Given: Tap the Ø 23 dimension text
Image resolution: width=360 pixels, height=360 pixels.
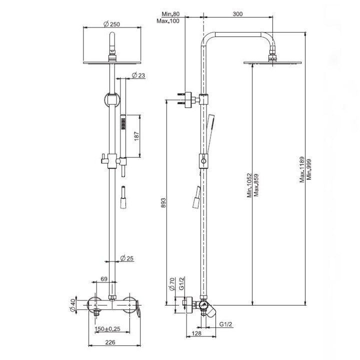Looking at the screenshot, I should tap(138, 75).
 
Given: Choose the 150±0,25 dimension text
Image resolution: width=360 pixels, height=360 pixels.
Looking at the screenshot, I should tap(107, 328).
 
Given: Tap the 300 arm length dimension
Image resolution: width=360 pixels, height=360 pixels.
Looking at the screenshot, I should tap(237, 13).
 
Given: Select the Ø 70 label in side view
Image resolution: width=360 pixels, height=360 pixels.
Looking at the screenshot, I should tap(171, 284).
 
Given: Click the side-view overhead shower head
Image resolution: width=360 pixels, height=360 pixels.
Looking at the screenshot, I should tap(272, 62).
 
